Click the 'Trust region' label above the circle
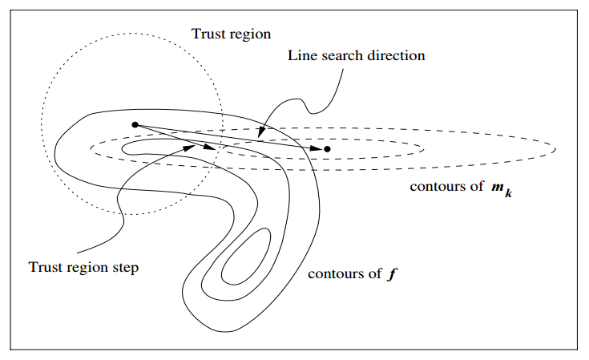pyautogui.click(x=232, y=34)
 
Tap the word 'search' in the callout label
pyautogui.click(x=336, y=56)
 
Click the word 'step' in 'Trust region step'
pyautogui.click(x=124, y=268)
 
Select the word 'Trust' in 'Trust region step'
pyautogui.click(x=44, y=267)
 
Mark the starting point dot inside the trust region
pyautogui.click(x=135, y=124)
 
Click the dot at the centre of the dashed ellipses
pyautogui.click(x=327, y=149)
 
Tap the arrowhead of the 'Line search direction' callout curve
pyautogui.click(x=260, y=131)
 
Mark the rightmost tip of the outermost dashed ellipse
pyautogui.click(x=555, y=148)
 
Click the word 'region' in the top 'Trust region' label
pyautogui.click(x=251, y=35)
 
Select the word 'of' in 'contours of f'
pyautogui.click(x=374, y=273)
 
